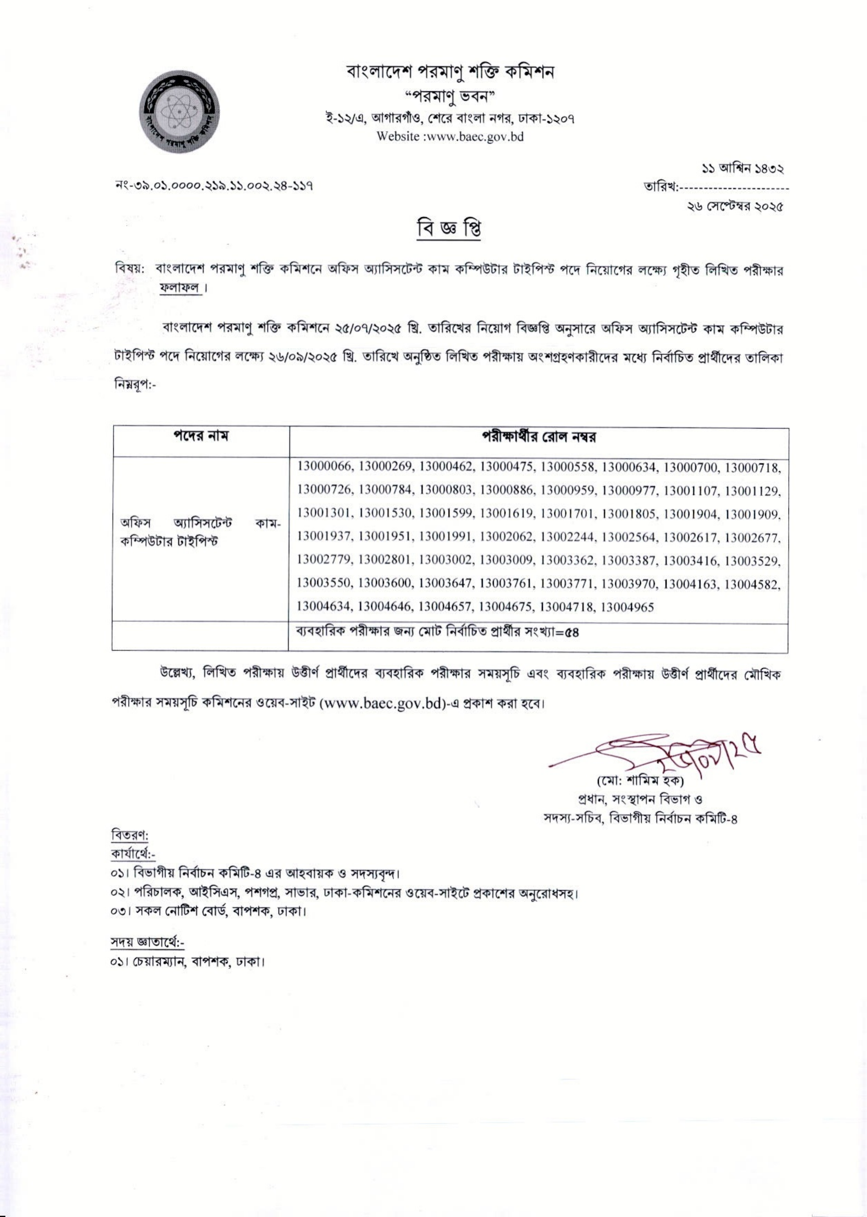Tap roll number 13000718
(753, 466)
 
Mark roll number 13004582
(753, 583)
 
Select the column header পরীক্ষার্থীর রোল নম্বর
(538, 438)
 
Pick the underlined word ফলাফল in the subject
(180, 288)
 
